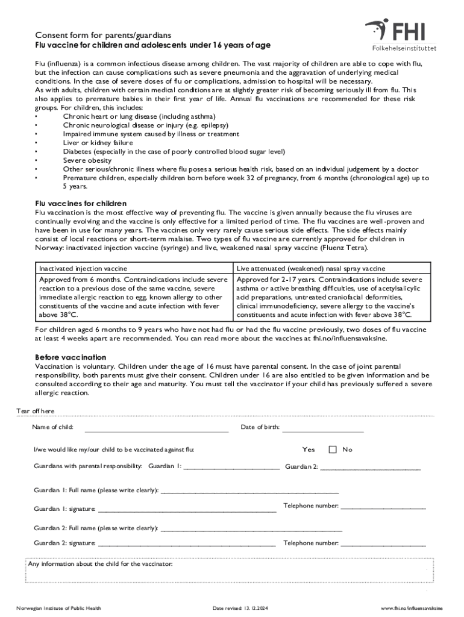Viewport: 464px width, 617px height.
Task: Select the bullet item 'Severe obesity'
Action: (87, 160)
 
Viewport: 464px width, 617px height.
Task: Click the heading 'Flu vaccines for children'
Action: (81, 203)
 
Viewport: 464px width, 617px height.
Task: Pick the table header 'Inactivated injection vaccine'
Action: (83, 268)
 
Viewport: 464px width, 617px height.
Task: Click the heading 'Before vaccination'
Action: (71, 357)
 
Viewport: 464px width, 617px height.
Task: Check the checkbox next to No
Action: (333, 449)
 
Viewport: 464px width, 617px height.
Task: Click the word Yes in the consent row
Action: (309, 449)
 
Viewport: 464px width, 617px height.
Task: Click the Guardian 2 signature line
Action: (187, 544)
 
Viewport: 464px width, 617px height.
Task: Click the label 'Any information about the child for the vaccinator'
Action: (101, 565)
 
